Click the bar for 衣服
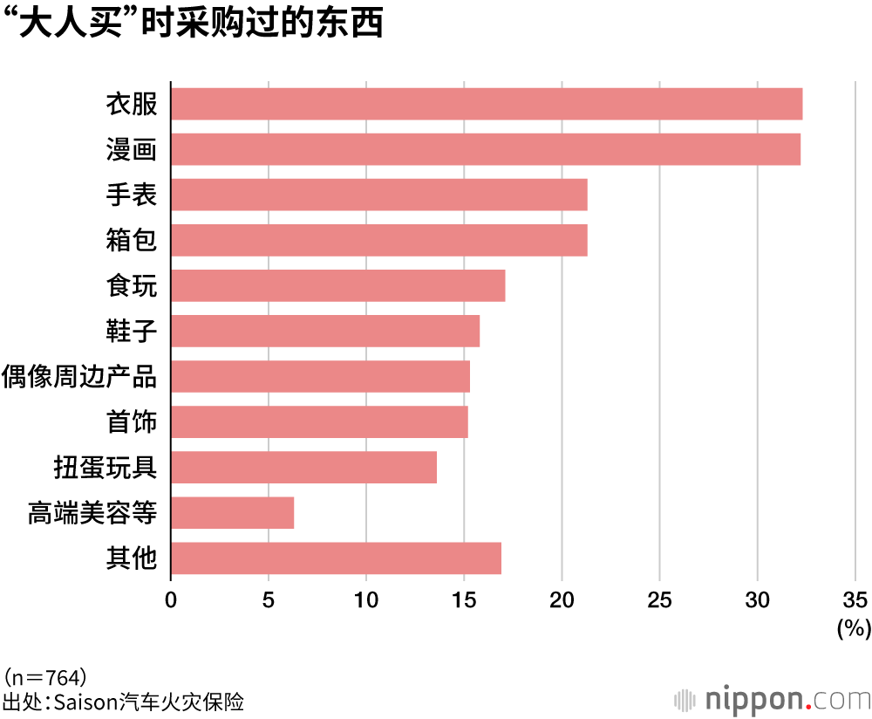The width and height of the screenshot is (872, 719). click(487, 104)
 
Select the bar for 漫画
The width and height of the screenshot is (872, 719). click(486, 149)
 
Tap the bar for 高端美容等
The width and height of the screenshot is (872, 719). click(233, 513)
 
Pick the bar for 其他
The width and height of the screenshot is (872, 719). click(336, 558)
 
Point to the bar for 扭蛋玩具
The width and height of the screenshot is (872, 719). click(303, 468)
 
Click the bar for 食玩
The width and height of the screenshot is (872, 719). click(338, 285)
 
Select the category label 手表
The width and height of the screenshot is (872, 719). click(131, 195)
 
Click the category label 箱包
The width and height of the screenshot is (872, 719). click(131, 240)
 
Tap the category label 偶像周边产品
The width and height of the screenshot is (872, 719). click(79, 377)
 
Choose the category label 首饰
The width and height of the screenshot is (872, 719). click(131, 422)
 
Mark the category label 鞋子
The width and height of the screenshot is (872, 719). click(131, 332)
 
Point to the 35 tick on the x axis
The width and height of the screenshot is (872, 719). click(855, 599)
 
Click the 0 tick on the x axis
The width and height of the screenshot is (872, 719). click(171, 599)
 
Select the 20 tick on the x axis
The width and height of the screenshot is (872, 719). click(562, 599)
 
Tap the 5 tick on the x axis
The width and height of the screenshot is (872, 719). click(269, 599)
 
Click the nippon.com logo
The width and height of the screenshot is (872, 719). click(772, 699)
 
